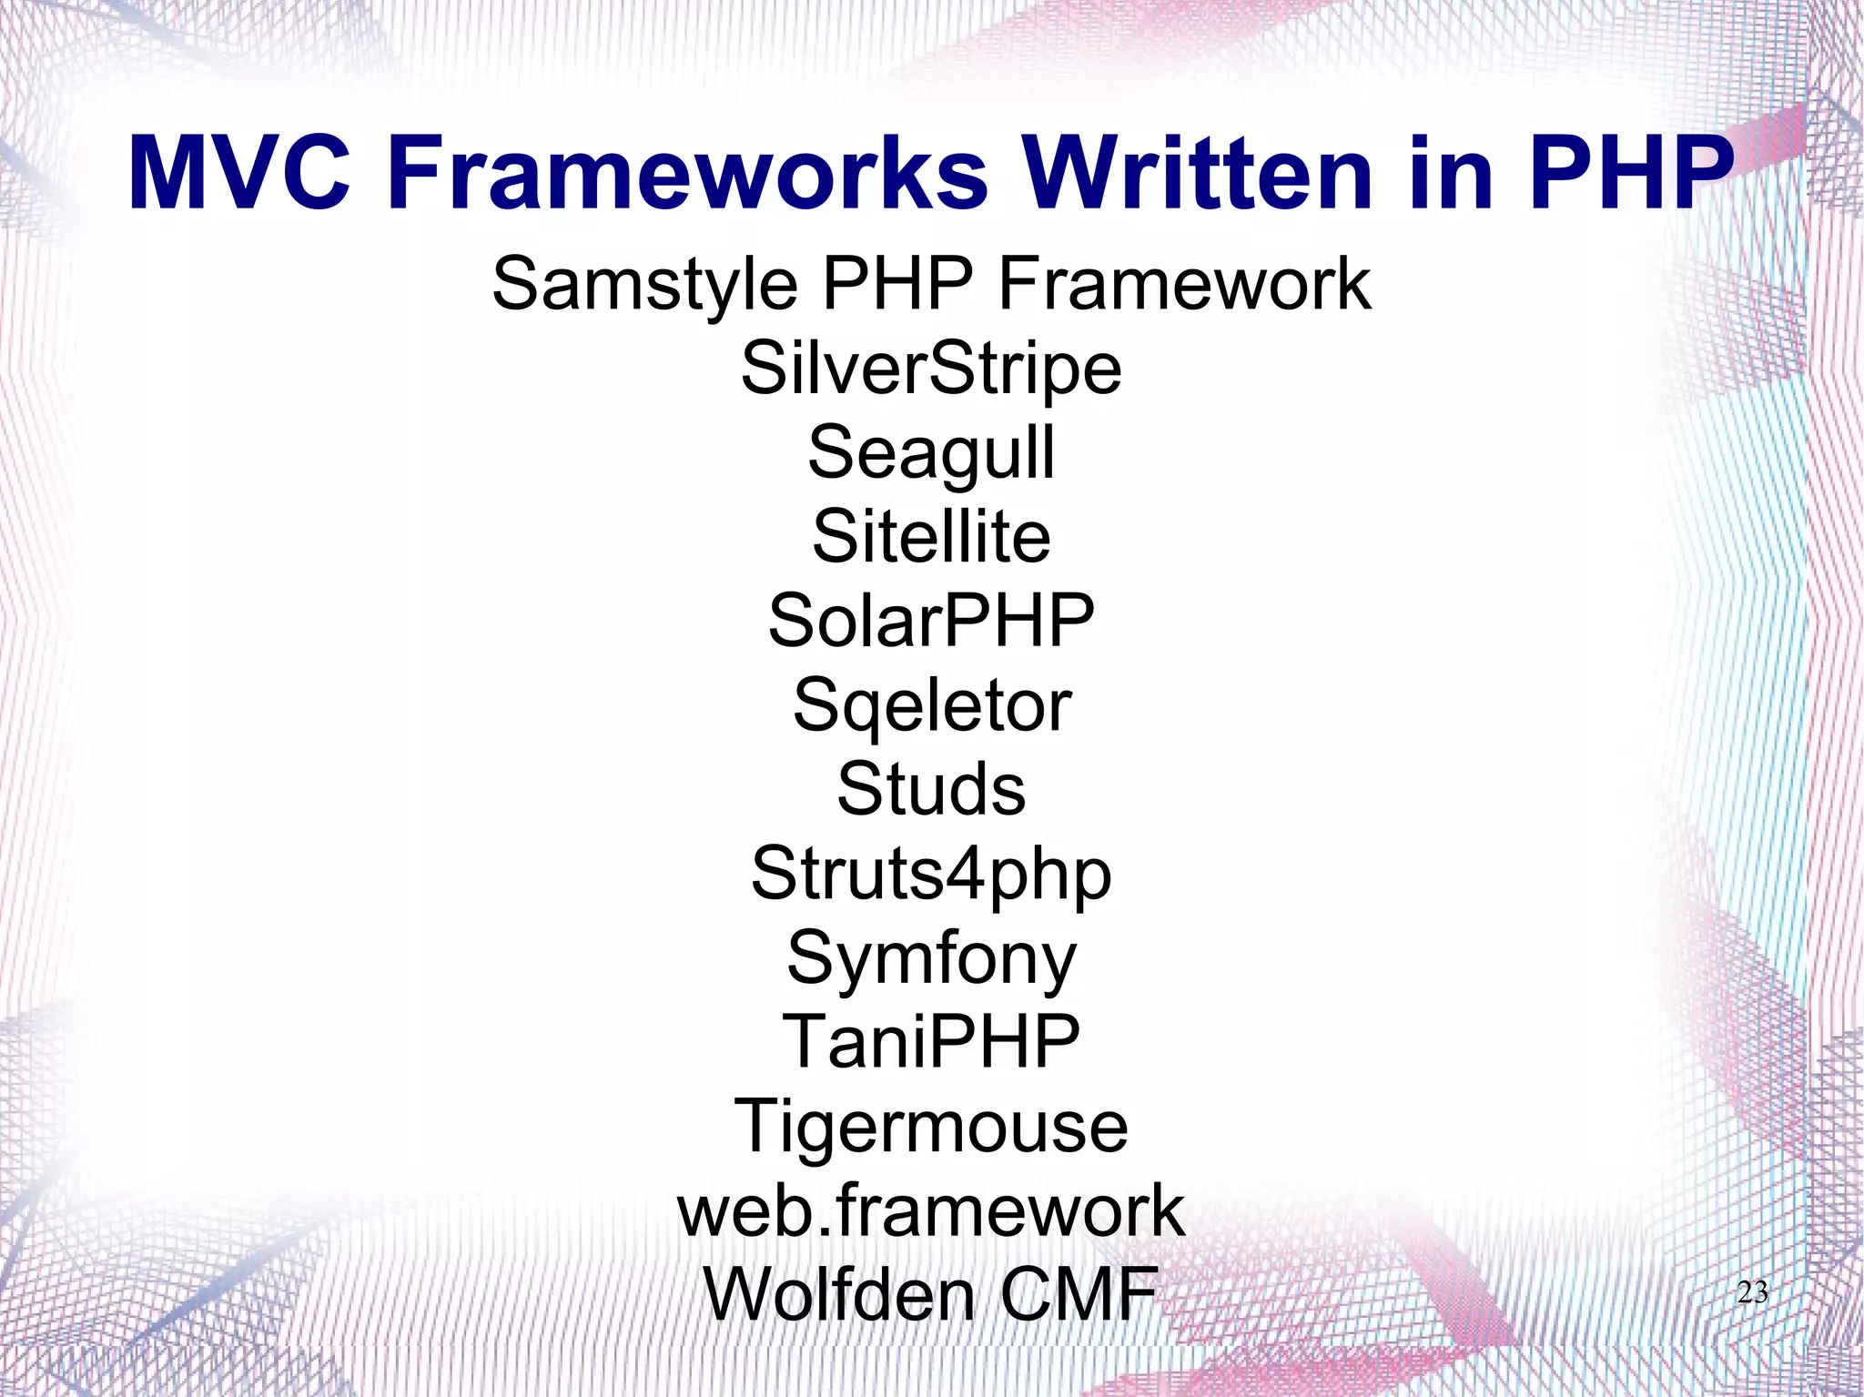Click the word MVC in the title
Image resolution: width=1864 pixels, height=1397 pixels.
239,173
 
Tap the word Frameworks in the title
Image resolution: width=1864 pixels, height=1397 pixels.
688,173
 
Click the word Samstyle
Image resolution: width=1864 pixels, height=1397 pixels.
644,285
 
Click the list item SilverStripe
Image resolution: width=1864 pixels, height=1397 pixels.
931,369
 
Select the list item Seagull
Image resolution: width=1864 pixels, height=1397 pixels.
931,453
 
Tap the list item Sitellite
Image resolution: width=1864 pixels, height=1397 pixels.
931,537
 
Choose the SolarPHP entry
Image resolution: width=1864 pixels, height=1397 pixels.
931,621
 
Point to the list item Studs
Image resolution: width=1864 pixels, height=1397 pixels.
931,789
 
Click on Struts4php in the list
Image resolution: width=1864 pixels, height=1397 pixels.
931,875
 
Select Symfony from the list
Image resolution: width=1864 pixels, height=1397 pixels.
931,959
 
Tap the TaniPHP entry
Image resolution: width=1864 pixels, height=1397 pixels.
931,1042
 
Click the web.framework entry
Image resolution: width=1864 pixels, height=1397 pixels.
931,1211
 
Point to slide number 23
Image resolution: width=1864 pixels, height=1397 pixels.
1752,1292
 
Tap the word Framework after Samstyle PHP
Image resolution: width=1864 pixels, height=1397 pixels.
1184,285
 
